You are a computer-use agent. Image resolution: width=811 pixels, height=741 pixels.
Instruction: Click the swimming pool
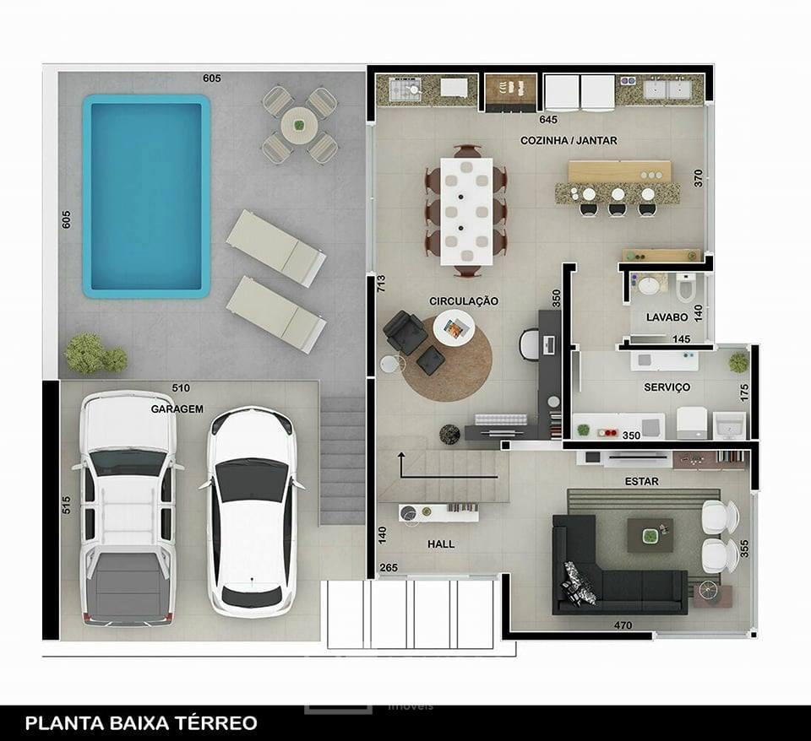tap(146, 197)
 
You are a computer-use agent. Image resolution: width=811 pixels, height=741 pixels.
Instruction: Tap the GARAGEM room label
tap(177, 408)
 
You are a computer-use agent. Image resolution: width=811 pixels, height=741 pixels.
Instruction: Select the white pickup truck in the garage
tap(128, 508)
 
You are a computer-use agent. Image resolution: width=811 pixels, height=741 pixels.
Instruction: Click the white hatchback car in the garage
tap(252, 511)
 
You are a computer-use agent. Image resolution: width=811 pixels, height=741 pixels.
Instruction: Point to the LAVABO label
tap(667, 317)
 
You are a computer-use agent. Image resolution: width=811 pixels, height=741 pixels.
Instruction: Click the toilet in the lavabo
tap(686, 287)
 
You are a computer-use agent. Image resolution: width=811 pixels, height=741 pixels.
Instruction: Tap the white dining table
tap(466, 211)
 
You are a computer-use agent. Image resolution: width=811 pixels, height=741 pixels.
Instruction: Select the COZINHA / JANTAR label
tap(569, 141)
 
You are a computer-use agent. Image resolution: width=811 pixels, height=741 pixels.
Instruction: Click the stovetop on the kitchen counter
tap(406, 89)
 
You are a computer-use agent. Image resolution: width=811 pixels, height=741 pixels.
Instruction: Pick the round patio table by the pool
tap(299, 125)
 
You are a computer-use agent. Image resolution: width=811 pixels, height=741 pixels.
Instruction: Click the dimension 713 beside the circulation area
tap(381, 284)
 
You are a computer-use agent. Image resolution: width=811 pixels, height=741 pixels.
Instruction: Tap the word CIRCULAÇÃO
tap(464, 301)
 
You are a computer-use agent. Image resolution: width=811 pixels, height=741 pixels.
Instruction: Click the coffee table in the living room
tap(650, 535)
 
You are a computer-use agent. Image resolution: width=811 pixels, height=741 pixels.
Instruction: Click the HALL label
tap(441, 544)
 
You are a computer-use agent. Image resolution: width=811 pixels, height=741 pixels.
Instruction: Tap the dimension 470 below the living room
tap(623, 625)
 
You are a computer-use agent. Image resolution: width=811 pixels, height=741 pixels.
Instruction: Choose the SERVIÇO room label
tap(667, 387)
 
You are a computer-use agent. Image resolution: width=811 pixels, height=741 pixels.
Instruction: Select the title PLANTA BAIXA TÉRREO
tap(141, 723)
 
